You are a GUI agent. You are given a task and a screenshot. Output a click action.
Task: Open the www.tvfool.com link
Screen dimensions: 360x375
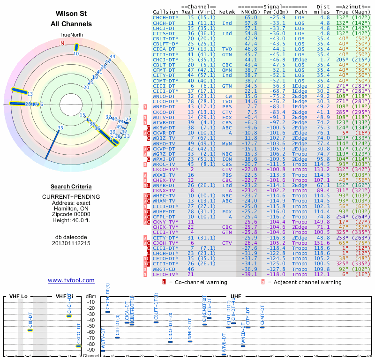pyautogui.click(x=71, y=280)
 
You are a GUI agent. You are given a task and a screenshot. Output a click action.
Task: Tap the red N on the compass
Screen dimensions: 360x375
pyautogui.click(x=62, y=43)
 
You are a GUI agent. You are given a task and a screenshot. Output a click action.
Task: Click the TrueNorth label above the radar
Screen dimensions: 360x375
pyautogui.click(x=71, y=35)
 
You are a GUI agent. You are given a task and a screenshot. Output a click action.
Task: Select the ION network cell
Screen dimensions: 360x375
pyautogui.click(x=227, y=159)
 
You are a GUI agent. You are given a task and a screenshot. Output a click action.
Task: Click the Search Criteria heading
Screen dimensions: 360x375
pyautogui.click(x=71, y=187)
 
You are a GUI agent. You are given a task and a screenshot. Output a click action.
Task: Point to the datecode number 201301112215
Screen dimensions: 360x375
pyautogui.click(x=71, y=244)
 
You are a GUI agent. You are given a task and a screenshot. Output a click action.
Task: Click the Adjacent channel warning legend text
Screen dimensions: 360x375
pyautogui.click(x=305, y=282)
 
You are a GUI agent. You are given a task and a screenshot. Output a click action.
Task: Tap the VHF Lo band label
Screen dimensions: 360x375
pyautogui.click(x=19, y=296)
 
